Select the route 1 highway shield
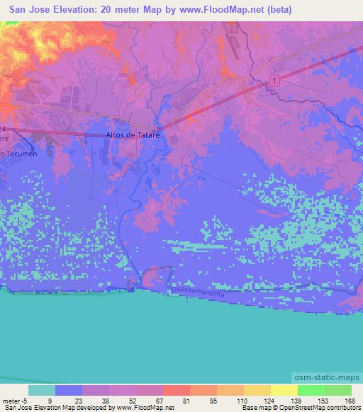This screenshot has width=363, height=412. [x=274, y=82]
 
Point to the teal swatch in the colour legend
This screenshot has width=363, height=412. [x=42, y=390]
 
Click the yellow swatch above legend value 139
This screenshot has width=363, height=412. [x=284, y=390]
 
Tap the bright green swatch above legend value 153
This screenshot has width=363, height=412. [x=311, y=390]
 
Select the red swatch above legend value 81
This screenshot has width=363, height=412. [x=176, y=390]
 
